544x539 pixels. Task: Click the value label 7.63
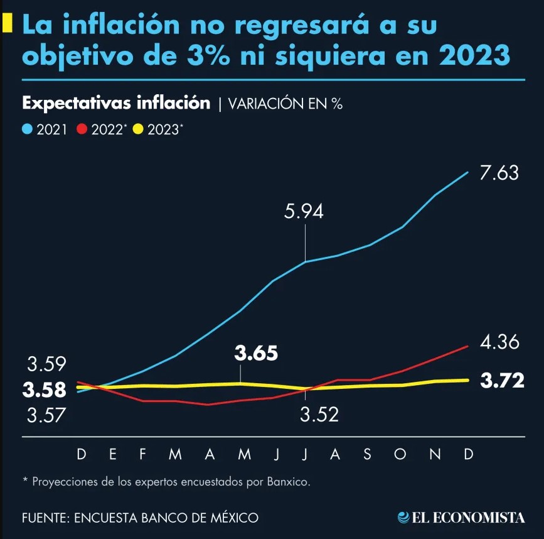pos(499,173)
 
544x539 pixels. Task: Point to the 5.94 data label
pos(304,212)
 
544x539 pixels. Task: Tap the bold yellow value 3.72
pos(502,380)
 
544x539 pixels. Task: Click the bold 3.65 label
pos(256,353)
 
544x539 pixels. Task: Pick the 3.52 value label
pos(319,415)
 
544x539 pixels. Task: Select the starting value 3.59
pos(46,365)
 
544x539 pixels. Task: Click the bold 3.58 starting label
pos(44,390)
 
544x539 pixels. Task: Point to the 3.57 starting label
pos(46,415)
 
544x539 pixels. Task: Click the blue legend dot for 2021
pos(27,129)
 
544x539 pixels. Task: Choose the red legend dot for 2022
pos(82,129)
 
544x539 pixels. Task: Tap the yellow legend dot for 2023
pos(138,129)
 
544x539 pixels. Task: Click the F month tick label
pos(142,454)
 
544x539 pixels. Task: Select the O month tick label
pos(400,454)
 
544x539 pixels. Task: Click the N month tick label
pos(435,454)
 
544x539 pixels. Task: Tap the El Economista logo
pos(461,518)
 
